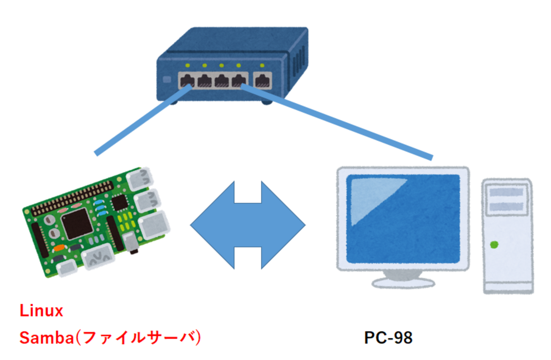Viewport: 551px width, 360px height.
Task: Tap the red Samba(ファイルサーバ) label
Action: [110, 338]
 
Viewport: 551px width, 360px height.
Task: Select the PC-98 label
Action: [388, 338]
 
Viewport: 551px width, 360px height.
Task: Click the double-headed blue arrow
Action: [248, 225]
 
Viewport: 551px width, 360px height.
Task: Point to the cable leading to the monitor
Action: [339, 122]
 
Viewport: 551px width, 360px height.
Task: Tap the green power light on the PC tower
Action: [493, 244]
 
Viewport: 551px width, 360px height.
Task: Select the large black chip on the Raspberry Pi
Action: [77, 224]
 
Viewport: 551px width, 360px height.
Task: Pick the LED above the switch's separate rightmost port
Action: [262, 66]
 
